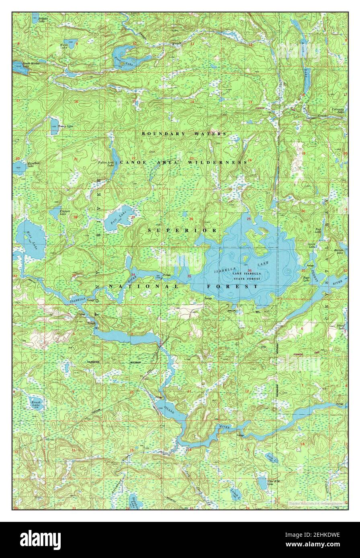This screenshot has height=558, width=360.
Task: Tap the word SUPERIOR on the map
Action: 182,230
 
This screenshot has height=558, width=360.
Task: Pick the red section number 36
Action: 250,270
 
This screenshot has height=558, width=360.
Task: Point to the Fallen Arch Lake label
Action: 106,164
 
